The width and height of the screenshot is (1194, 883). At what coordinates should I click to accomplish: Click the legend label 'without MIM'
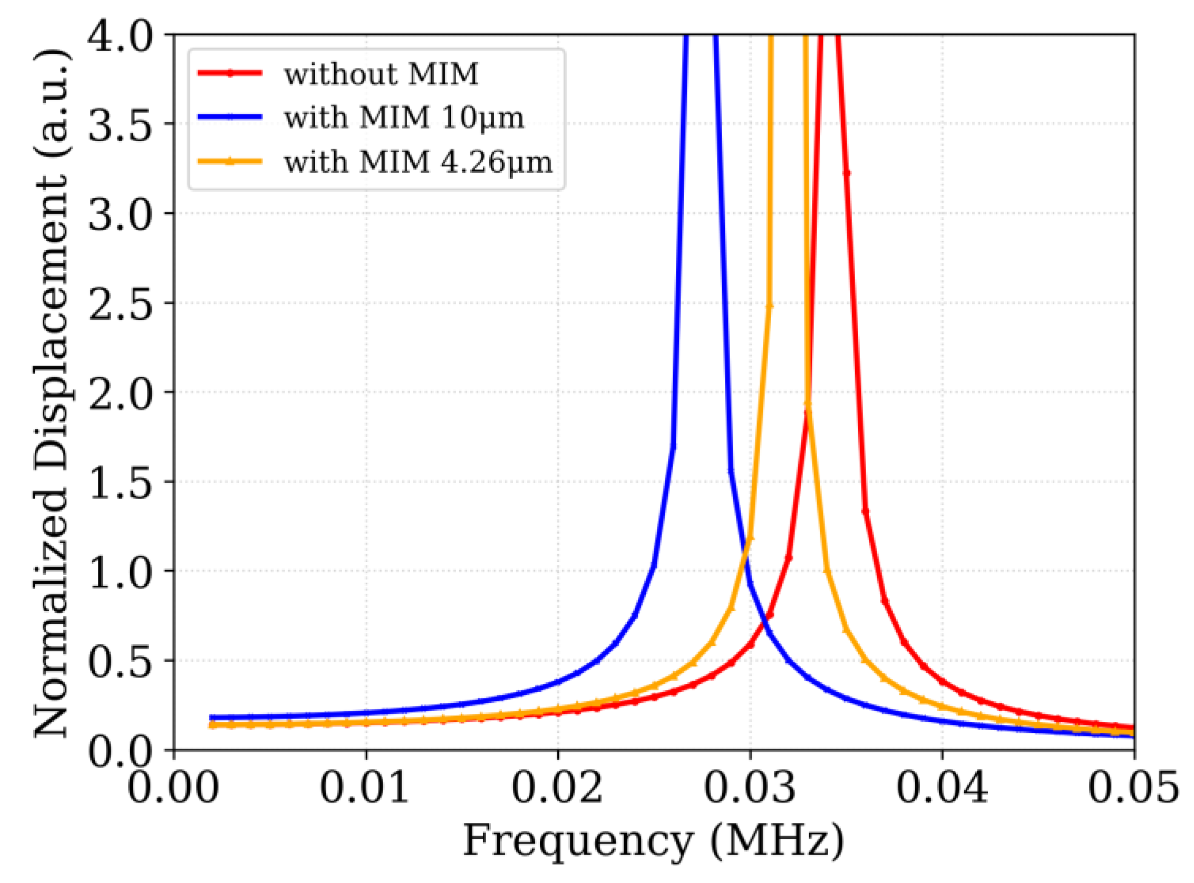coord(381,74)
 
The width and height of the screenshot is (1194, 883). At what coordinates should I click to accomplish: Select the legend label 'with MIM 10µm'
coord(404,117)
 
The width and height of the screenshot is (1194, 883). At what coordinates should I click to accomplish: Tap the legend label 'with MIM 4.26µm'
coord(418,161)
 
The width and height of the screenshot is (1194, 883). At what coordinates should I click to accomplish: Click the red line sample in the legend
coord(230,74)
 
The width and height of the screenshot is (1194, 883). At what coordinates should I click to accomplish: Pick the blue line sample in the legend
coord(230,117)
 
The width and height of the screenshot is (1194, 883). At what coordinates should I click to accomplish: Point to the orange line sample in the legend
coord(230,161)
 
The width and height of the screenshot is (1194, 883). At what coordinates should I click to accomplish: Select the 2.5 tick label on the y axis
coord(120,303)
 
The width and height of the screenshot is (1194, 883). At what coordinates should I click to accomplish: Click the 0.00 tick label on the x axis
coord(173,789)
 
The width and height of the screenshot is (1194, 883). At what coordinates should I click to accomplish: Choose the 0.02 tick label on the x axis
coord(558,789)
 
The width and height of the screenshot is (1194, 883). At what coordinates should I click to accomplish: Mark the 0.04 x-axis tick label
coord(941,789)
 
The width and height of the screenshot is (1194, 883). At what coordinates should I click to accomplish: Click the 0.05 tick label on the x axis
coord(1133,789)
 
